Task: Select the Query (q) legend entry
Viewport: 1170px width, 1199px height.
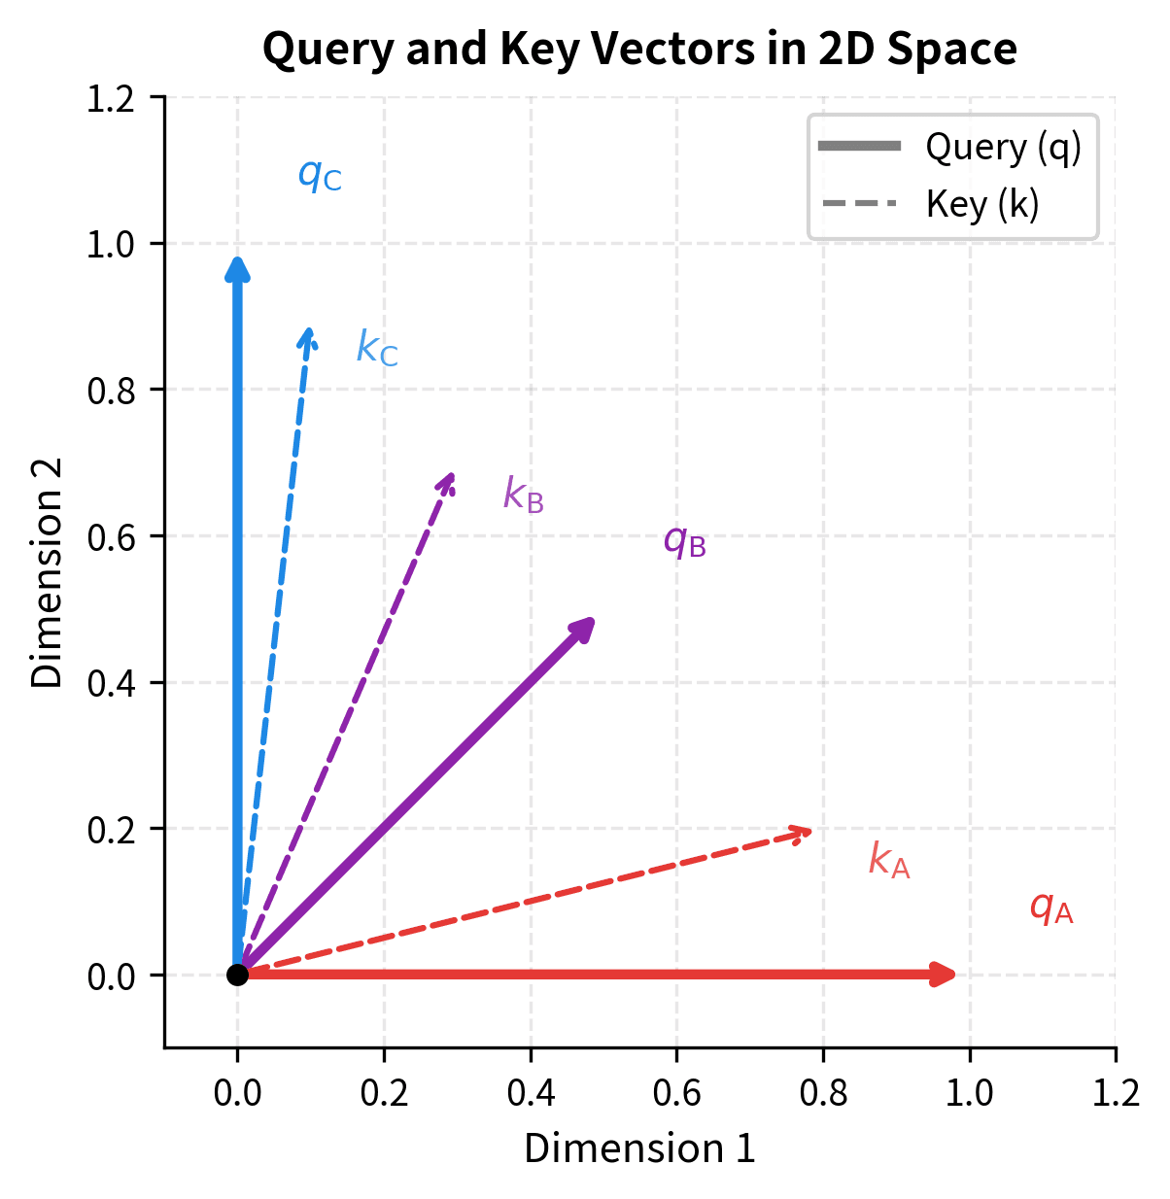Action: coord(1002,148)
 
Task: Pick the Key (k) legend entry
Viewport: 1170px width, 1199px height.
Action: coord(981,205)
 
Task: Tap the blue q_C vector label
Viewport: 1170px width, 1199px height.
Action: coord(320,176)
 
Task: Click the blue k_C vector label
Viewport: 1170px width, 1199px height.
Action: coord(377,349)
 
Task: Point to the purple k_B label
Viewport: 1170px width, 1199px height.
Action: coord(523,496)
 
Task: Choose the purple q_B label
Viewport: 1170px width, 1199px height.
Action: coord(684,542)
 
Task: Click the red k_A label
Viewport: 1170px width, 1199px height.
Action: coord(889,861)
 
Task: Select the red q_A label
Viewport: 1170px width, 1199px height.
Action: coord(1050,909)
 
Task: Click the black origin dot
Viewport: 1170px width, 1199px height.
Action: coord(237,975)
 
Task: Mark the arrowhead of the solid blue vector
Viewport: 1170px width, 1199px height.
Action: coord(237,268)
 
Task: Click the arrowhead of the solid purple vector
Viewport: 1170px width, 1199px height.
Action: coord(583,628)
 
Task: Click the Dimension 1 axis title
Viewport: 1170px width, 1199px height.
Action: coord(639,1149)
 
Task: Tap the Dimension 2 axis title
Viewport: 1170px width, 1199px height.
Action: coord(47,572)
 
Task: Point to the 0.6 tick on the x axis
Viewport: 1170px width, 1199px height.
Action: coord(676,1093)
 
